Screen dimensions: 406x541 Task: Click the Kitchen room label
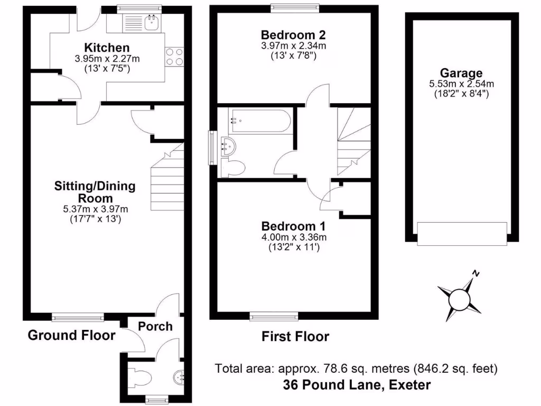pyautogui.click(x=107, y=48)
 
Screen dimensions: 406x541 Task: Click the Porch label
pyautogui.click(x=155, y=326)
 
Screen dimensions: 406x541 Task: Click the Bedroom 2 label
pyautogui.click(x=293, y=35)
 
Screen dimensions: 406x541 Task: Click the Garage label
pyautogui.click(x=461, y=73)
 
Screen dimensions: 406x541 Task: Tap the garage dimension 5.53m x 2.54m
pyautogui.click(x=461, y=84)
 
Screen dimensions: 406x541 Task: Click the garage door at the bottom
pyautogui.click(x=462, y=234)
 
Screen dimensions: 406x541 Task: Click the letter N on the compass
pyautogui.click(x=477, y=274)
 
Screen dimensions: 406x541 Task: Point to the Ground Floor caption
pyautogui.click(x=71, y=335)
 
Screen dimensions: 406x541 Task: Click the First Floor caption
pyautogui.click(x=295, y=337)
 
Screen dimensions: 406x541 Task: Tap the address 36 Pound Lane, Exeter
pyautogui.click(x=357, y=385)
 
